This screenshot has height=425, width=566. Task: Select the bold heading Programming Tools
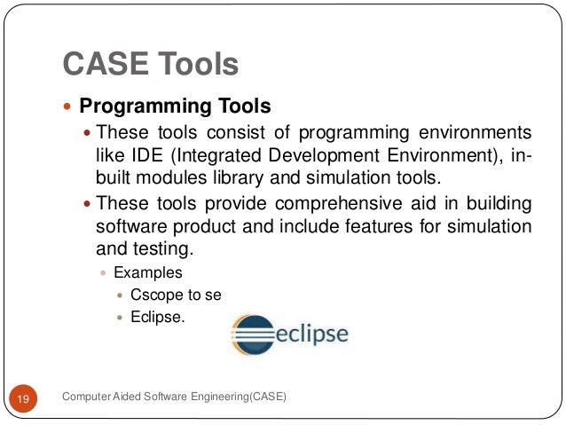pyautogui.click(x=175, y=107)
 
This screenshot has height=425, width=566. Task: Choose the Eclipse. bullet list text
pyautogui.click(x=157, y=315)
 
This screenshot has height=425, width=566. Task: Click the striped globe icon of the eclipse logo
pyautogui.click(x=251, y=334)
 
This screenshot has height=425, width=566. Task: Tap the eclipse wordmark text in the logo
pyautogui.click(x=310, y=334)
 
